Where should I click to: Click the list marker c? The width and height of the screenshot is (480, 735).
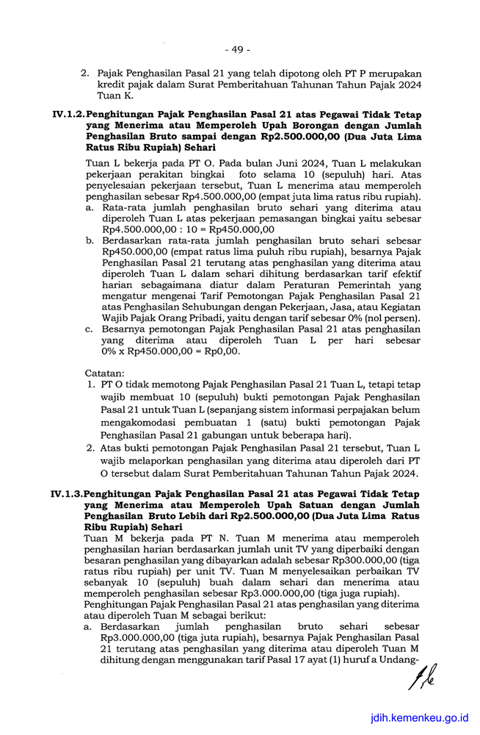tap(89, 329)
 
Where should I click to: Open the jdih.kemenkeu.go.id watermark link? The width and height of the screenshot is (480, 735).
tap(421, 720)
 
